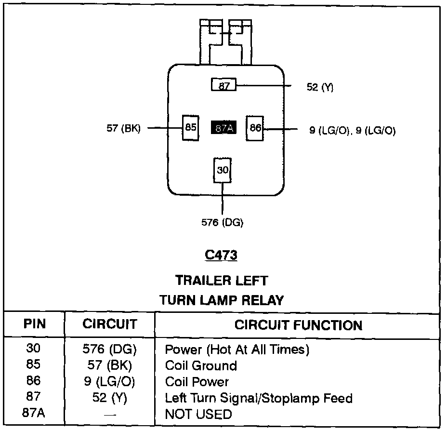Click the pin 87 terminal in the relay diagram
(224, 85)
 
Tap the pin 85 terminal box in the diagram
(191, 128)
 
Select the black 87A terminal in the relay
(223, 128)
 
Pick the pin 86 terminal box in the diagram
(255, 128)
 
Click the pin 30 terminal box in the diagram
(223, 170)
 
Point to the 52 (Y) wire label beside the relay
(320, 87)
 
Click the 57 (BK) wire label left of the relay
(123, 128)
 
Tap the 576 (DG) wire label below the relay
(222, 222)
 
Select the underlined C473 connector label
(221, 255)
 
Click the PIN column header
(35, 323)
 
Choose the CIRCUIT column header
(110, 324)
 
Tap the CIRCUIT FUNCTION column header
(298, 325)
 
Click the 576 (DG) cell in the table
(110, 349)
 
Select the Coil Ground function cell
(201, 365)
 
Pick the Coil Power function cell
(197, 382)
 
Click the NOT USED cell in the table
(198, 414)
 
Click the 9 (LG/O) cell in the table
(110, 382)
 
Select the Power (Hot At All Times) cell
(237, 349)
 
